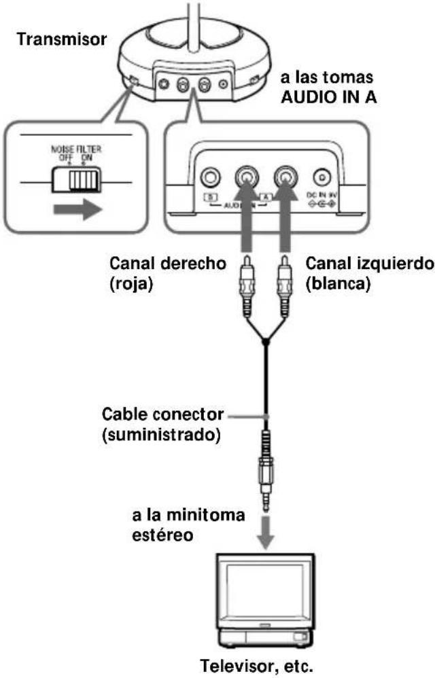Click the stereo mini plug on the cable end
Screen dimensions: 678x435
tap(266, 469)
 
